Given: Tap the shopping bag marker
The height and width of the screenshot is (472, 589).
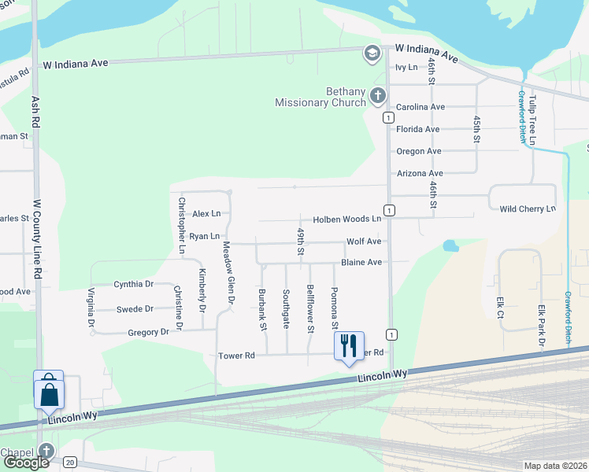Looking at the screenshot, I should pyautogui.click(x=48, y=390).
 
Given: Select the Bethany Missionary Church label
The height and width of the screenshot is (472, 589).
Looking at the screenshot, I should pyautogui.click(x=320, y=97).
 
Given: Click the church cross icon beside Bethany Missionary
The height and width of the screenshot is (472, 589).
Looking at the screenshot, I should pyautogui.click(x=377, y=97).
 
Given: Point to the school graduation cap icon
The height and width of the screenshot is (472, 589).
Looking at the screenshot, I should pyautogui.click(x=372, y=53).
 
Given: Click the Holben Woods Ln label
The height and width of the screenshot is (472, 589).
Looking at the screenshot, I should pyautogui.click(x=346, y=219).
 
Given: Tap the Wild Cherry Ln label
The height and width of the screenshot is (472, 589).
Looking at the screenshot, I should pyautogui.click(x=528, y=208).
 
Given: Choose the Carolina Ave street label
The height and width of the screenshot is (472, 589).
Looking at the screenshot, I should pyautogui.click(x=420, y=106).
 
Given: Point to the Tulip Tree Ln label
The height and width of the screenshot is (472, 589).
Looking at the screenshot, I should pyautogui.click(x=532, y=120).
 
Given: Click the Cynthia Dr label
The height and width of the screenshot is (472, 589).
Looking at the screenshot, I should pyautogui.click(x=133, y=284).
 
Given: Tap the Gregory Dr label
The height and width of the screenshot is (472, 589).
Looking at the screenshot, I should pyautogui.click(x=148, y=332).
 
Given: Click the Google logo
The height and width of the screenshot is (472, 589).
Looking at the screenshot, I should pyautogui.click(x=26, y=463).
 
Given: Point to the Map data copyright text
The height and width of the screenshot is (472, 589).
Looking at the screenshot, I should pyautogui.click(x=554, y=466).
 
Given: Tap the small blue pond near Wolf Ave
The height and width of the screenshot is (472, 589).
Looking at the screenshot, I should pyautogui.click(x=450, y=245).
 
